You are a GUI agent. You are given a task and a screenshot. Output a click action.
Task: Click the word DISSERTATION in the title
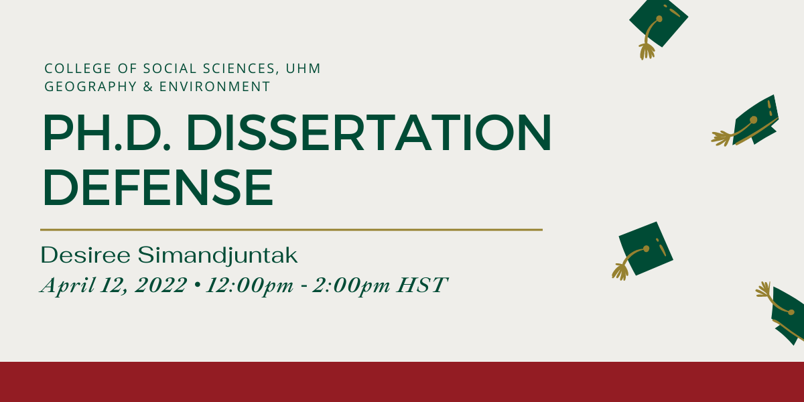coord(369,133)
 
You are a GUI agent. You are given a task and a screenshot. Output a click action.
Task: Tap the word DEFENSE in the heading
coord(158,188)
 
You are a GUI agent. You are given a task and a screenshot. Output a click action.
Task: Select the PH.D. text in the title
coord(107,133)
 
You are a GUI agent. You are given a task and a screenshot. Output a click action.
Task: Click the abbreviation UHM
coord(303,68)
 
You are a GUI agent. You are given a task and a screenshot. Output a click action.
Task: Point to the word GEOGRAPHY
coord(91,86)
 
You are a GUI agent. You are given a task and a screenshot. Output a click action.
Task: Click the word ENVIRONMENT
coord(214,86)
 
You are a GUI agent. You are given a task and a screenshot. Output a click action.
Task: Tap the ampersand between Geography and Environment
coord(148,86)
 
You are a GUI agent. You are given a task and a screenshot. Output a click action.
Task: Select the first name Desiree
coord(86,255)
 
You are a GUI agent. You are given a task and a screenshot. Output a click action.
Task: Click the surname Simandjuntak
coord(218,256)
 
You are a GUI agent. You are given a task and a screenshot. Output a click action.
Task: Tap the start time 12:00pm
coord(249,286)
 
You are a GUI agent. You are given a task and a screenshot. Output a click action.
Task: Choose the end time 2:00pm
coord(350,286)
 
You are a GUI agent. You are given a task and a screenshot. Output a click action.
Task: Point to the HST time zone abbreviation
coord(422,285)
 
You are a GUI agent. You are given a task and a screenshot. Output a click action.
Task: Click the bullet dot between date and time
coord(196,285)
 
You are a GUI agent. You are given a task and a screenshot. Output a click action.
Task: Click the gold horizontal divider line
coord(291,230)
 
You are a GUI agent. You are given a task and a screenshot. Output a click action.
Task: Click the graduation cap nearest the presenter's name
coord(643,251)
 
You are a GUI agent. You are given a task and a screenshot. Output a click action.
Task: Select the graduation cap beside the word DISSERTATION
coord(745,121)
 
